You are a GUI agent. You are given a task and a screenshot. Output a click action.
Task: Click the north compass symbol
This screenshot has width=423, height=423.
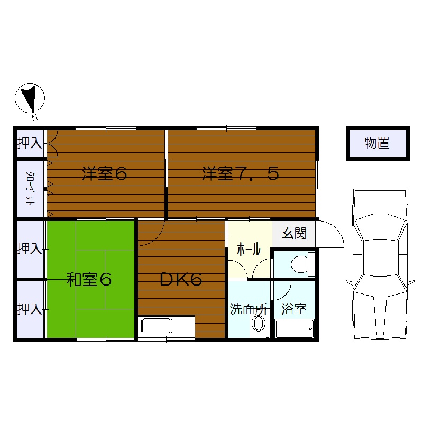30,98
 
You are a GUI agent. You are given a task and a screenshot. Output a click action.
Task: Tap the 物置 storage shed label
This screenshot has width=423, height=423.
377,143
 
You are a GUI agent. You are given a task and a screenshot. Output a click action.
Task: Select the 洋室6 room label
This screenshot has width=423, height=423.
105,173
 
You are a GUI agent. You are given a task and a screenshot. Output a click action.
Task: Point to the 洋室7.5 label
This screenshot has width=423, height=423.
240,173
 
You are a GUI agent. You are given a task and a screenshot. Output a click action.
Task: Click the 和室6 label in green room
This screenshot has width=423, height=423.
89,279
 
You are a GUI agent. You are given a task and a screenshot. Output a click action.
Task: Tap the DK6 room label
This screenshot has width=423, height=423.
181,280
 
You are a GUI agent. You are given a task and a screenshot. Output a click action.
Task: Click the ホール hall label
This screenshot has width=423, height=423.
247,248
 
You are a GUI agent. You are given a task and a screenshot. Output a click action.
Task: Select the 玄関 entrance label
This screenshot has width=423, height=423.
293,233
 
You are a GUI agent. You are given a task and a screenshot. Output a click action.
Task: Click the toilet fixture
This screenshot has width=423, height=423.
302,263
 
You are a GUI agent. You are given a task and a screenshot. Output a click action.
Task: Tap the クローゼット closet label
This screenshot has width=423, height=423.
30,188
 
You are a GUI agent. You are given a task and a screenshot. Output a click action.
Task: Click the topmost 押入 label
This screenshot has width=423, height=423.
30,143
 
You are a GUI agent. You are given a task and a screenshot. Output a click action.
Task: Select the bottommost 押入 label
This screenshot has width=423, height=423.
30,309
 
